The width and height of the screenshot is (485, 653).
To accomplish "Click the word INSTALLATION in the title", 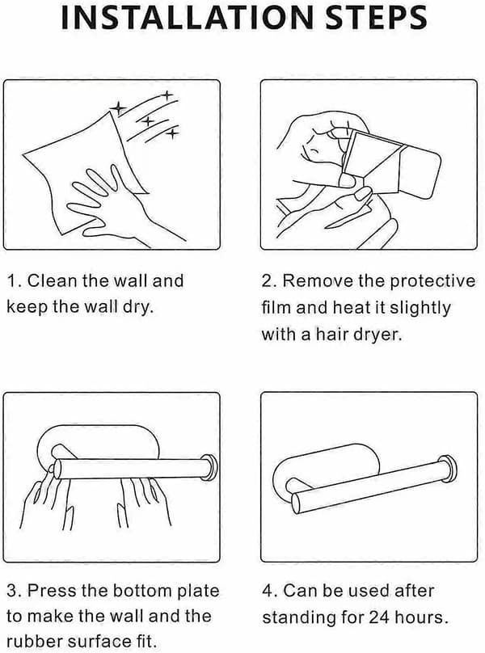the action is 187,18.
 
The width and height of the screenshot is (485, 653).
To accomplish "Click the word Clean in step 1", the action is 53,280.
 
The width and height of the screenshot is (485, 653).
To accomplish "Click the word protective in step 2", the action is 432,282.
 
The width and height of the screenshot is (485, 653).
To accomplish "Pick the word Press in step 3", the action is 51,591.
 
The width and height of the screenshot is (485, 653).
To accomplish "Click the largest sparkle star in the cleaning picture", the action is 118,108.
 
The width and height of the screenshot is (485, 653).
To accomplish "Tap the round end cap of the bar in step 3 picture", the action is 209,468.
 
